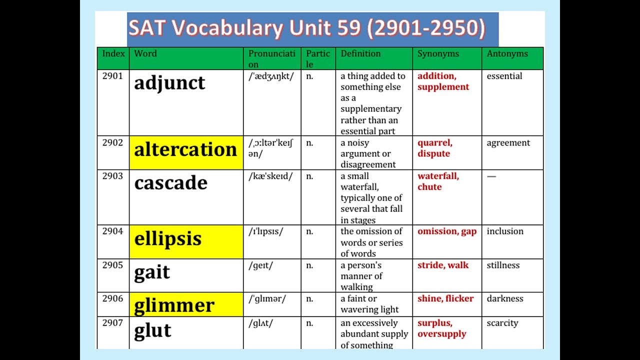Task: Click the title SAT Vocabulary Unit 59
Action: (307, 29)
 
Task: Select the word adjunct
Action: (169, 83)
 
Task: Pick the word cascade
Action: (170, 183)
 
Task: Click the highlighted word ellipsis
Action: (168, 238)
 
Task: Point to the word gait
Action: (152, 272)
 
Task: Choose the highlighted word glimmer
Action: (174, 304)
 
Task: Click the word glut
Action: (152, 330)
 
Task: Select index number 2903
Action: (112, 176)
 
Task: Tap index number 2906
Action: (112, 298)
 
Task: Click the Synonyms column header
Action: (438, 53)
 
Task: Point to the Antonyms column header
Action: (507, 53)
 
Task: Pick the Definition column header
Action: (360, 53)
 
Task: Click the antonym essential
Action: (504, 76)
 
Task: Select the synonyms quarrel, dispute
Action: (435, 148)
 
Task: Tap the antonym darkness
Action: (505, 298)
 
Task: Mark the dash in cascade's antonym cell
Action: (491, 176)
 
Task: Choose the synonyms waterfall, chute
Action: (438, 181)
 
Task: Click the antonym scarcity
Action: (502, 323)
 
